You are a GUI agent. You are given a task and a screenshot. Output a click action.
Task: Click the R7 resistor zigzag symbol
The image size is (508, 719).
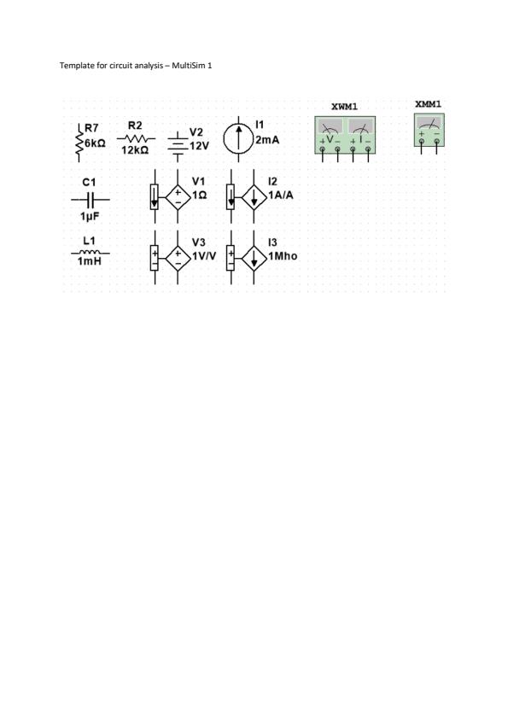[x=79, y=143]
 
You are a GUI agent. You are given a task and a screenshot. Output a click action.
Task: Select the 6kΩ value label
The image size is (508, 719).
[x=95, y=143]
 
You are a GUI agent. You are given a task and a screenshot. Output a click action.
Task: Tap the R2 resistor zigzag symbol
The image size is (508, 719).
[x=136, y=138]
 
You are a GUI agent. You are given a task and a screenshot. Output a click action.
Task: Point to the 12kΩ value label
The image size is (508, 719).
[x=135, y=150]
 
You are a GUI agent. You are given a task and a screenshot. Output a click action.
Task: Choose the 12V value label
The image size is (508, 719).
[x=199, y=146]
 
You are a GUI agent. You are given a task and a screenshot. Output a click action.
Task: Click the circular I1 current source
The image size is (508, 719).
[x=238, y=139]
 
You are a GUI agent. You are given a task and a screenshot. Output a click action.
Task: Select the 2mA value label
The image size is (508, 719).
[x=267, y=140]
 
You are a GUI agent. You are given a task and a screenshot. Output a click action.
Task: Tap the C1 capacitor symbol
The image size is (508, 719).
[x=91, y=200]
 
